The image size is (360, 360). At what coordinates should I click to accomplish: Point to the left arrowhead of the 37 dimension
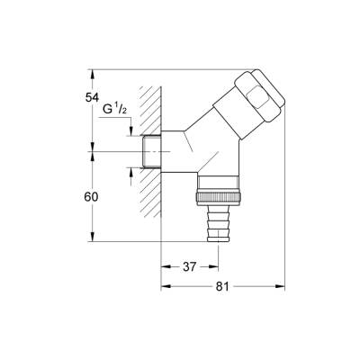tap(166, 267)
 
